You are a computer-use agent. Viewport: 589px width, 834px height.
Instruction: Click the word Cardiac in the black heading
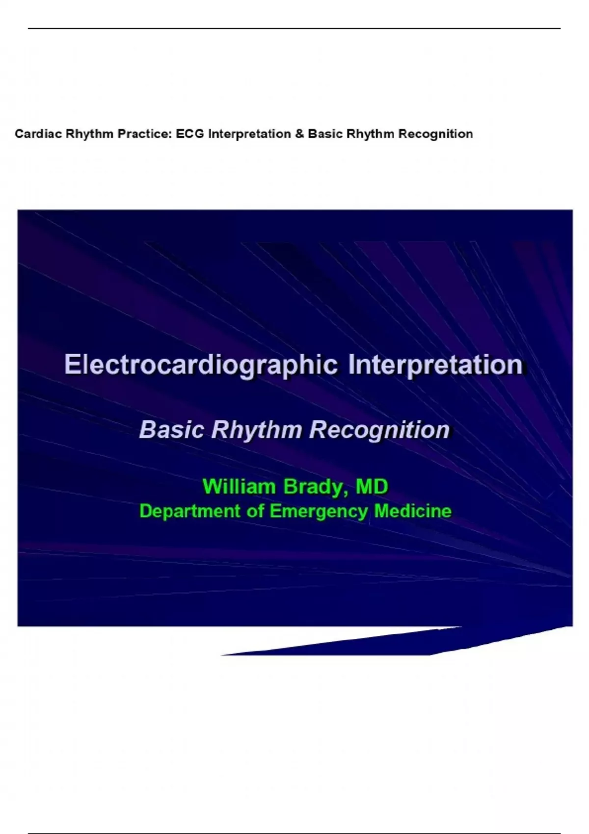(39, 133)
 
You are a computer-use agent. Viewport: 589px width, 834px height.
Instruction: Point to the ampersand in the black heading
(299, 133)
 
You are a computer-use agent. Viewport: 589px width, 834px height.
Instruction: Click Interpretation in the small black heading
(250, 134)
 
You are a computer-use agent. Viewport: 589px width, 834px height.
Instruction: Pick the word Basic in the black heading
(325, 133)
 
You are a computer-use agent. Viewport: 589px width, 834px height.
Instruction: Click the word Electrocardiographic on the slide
(201, 365)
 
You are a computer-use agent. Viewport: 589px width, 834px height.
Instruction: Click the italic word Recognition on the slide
(379, 431)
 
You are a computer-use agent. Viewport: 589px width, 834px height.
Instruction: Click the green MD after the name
(372, 487)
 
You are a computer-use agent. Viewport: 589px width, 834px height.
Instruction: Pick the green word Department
(190, 512)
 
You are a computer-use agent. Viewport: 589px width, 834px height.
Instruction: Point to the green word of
(255, 511)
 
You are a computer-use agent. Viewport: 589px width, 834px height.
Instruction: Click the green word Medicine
(413, 511)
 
